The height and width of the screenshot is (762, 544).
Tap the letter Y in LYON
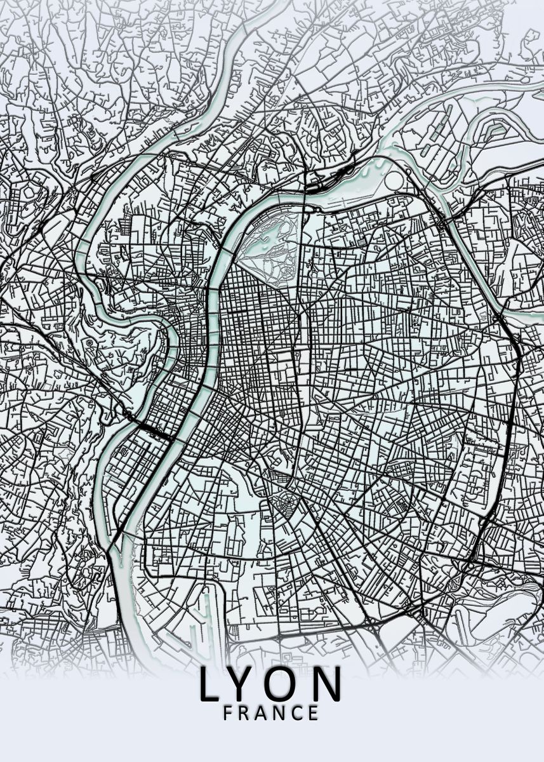point(246,684)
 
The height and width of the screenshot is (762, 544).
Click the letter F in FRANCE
point(228,713)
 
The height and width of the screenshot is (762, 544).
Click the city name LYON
point(270,684)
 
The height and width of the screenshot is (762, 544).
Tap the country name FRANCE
point(270,713)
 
